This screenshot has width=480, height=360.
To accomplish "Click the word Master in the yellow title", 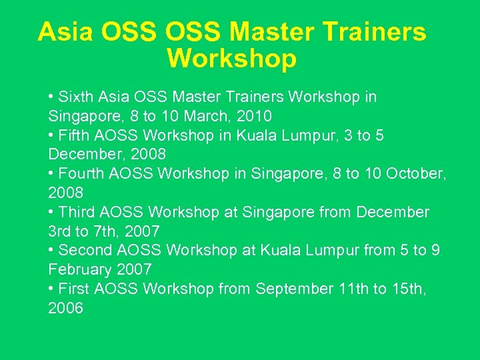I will click(269, 32).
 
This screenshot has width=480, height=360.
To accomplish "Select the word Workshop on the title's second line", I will click(231, 59).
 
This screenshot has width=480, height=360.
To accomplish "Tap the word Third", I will click(77, 213).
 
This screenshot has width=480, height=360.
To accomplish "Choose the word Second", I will click(85, 251).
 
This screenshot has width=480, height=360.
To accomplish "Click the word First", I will click(74, 289).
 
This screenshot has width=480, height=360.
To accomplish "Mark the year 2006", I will click(66, 309).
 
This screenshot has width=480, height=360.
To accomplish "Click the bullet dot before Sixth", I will click(51, 97).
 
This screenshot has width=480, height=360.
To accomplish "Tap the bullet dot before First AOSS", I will click(51, 289).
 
